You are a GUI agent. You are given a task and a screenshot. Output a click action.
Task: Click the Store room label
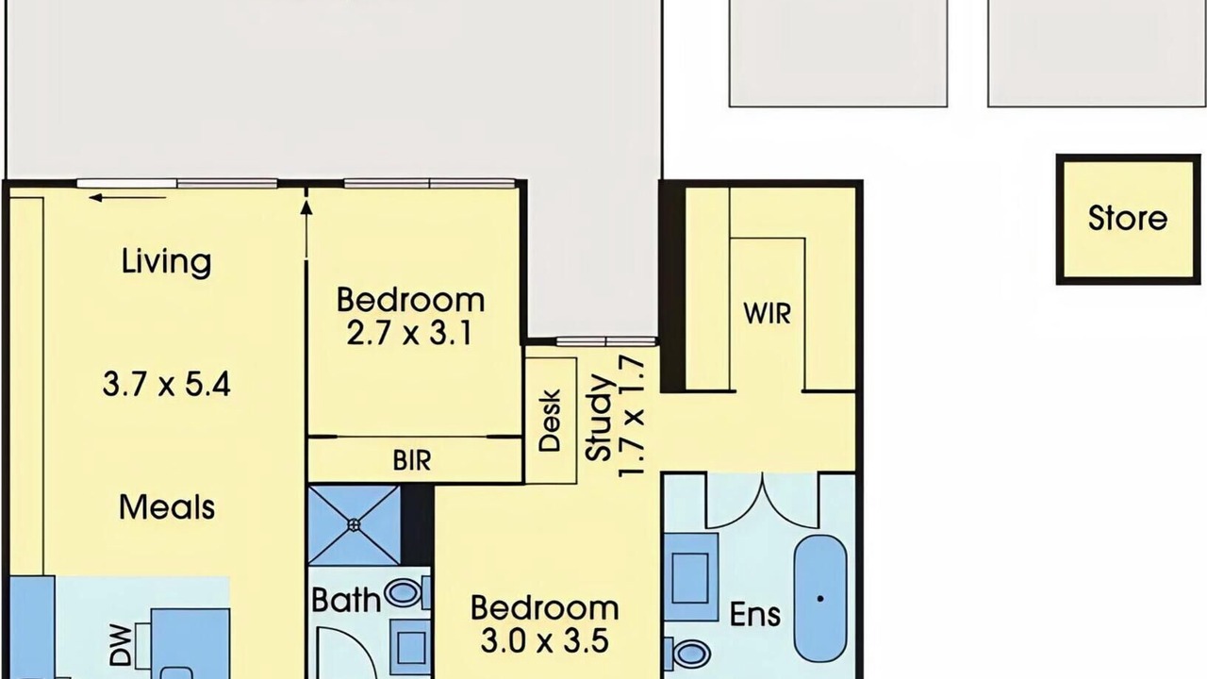point(1128,218)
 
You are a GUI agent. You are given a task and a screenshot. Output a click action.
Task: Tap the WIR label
point(768,314)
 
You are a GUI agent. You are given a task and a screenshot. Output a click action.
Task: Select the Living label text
point(167,263)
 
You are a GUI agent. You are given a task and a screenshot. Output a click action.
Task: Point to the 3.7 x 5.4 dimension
point(167,386)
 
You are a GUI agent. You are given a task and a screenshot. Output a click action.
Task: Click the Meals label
point(167,507)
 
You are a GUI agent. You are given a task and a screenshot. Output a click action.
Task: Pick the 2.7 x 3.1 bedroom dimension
point(409,334)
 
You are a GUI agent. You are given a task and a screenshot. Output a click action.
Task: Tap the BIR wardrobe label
point(412,461)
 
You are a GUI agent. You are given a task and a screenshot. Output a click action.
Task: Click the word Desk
point(550,421)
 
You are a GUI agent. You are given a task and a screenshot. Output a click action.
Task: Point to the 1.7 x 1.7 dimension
point(632,416)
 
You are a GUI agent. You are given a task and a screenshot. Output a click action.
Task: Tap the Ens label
point(755,615)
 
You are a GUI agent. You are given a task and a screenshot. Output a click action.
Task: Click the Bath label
point(346,600)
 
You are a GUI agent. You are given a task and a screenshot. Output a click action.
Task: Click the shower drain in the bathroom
point(354,522)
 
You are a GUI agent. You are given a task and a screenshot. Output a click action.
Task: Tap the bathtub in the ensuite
point(820,598)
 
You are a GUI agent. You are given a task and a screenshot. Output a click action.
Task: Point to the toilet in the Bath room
point(407,593)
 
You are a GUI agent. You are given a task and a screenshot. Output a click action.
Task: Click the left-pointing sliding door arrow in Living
point(127,198)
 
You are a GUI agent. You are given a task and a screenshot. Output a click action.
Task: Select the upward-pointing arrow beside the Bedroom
point(306,229)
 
